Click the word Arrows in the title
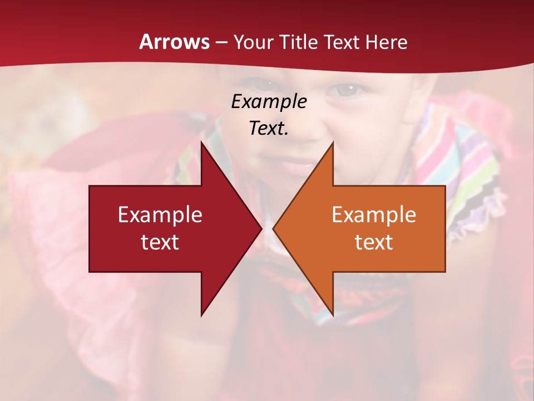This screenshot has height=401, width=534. pyautogui.click(x=174, y=42)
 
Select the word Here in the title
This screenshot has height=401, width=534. pyautogui.click(x=387, y=42)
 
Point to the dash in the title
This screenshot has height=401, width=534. pyautogui.click(x=221, y=43)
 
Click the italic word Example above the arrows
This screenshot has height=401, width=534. pyautogui.click(x=269, y=101)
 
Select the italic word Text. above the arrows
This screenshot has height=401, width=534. pyautogui.click(x=269, y=128)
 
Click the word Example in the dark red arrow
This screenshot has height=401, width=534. pyautogui.click(x=160, y=215)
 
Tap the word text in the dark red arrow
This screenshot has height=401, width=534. pyautogui.click(x=160, y=242)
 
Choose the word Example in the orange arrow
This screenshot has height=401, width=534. pyautogui.click(x=374, y=215)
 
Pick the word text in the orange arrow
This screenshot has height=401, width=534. pyautogui.click(x=374, y=242)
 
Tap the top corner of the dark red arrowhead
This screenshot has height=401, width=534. pyautogui.click(x=202, y=143)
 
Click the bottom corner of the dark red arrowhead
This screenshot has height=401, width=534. pyautogui.click(x=202, y=315)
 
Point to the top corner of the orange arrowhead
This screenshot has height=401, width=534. pyautogui.click(x=333, y=143)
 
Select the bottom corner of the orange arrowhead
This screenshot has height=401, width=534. pyautogui.click(x=333, y=315)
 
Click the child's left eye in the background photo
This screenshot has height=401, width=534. pyautogui.click(x=349, y=89)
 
